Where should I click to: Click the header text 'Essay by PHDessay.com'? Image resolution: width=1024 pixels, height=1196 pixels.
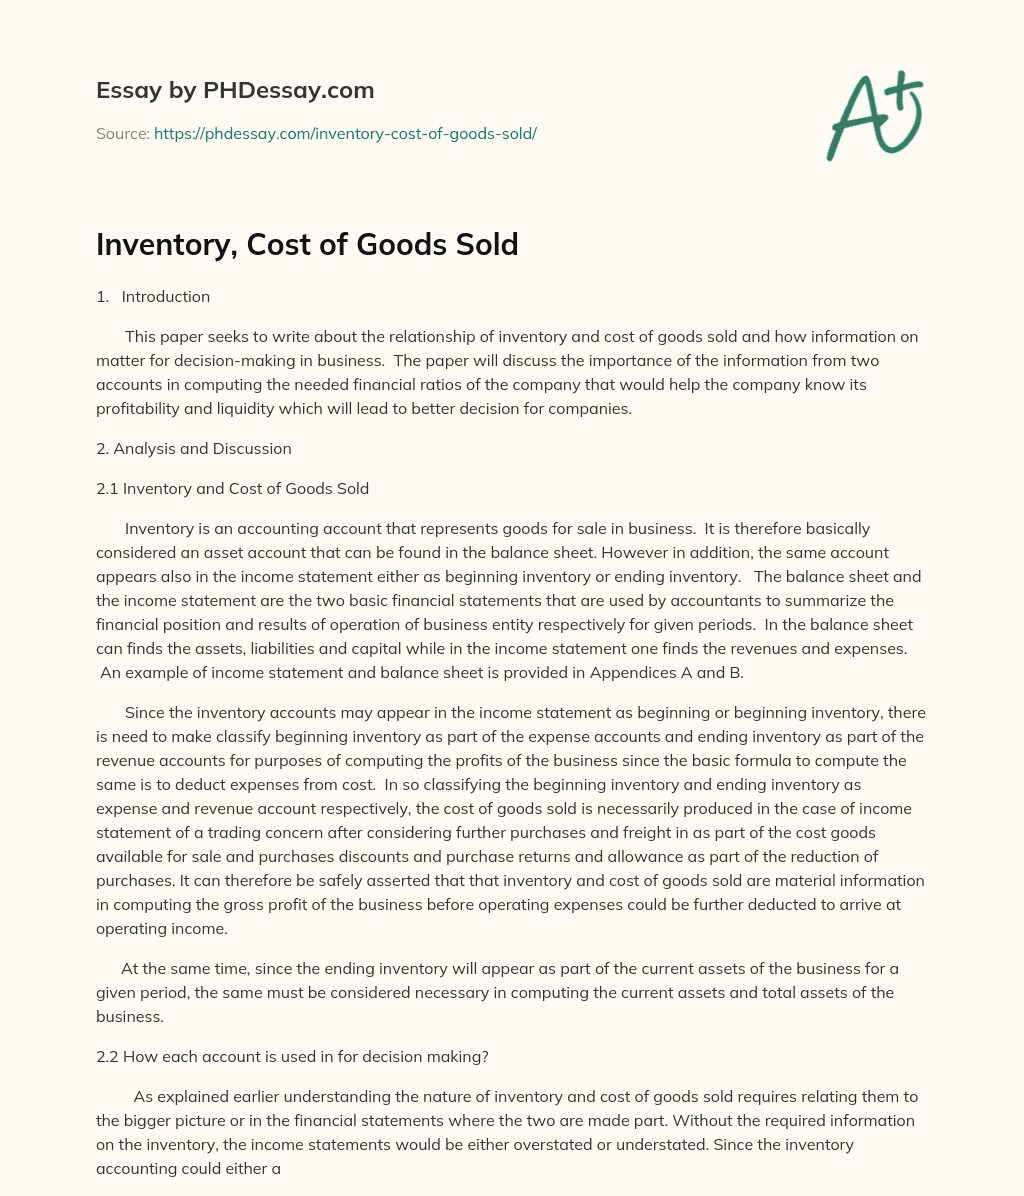coord(235,91)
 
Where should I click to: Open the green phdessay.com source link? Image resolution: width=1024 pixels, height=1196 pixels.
coord(345,133)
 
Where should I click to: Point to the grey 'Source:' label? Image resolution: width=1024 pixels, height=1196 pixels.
coord(122,133)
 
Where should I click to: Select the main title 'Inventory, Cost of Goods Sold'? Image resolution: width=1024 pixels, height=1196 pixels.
coord(307,244)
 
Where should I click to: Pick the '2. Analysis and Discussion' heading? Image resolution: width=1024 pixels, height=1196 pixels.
coord(194,449)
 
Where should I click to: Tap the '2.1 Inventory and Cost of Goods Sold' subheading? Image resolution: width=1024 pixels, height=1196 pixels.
coord(233,489)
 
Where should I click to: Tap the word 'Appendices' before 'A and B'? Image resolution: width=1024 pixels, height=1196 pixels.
coord(634,673)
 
